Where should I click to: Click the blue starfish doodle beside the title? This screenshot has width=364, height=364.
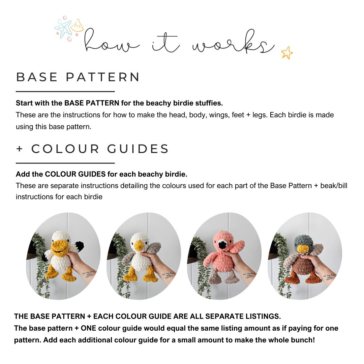click(x=63, y=28)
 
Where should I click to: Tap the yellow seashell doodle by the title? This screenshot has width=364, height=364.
click(x=77, y=26)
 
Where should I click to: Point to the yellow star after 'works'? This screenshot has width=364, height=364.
click(x=287, y=53)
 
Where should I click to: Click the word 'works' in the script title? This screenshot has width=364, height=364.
click(x=234, y=42)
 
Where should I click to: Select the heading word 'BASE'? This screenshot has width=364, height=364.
click(x=37, y=77)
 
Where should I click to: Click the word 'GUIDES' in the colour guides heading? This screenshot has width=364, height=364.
click(x=138, y=149)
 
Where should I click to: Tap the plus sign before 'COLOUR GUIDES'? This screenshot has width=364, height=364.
click(x=20, y=149)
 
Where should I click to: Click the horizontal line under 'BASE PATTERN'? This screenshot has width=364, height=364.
click(x=65, y=92)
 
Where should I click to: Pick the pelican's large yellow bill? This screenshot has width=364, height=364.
click(x=59, y=247)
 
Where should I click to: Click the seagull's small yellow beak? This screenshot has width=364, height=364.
click(x=139, y=246)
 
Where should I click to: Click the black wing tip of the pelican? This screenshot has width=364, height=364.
click(x=80, y=246)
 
